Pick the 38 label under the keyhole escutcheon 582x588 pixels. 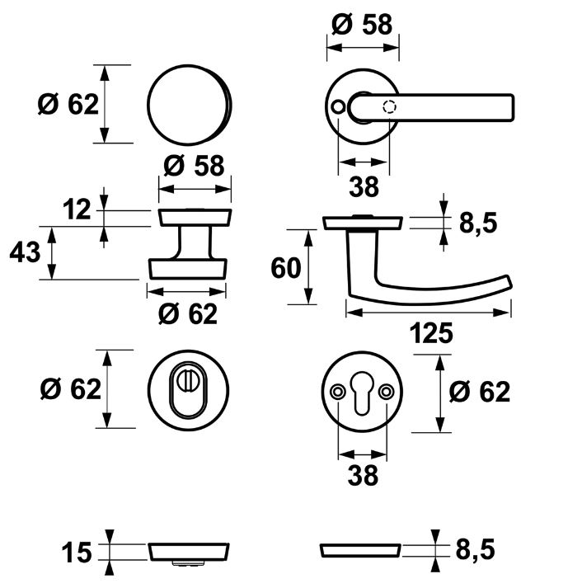click(x=363, y=476)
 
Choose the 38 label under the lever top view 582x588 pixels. click(x=363, y=187)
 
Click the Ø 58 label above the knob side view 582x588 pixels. click(x=194, y=166)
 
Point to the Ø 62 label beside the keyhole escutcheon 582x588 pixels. click(x=481, y=392)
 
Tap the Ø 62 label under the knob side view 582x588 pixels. click(x=187, y=314)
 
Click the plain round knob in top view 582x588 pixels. click(x=190, y=103)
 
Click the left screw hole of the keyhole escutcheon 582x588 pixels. click(x=338, y=391)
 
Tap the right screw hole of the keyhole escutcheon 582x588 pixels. click(x=387, y=391)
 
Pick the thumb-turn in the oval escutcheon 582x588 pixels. click(x=189, y=384)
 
